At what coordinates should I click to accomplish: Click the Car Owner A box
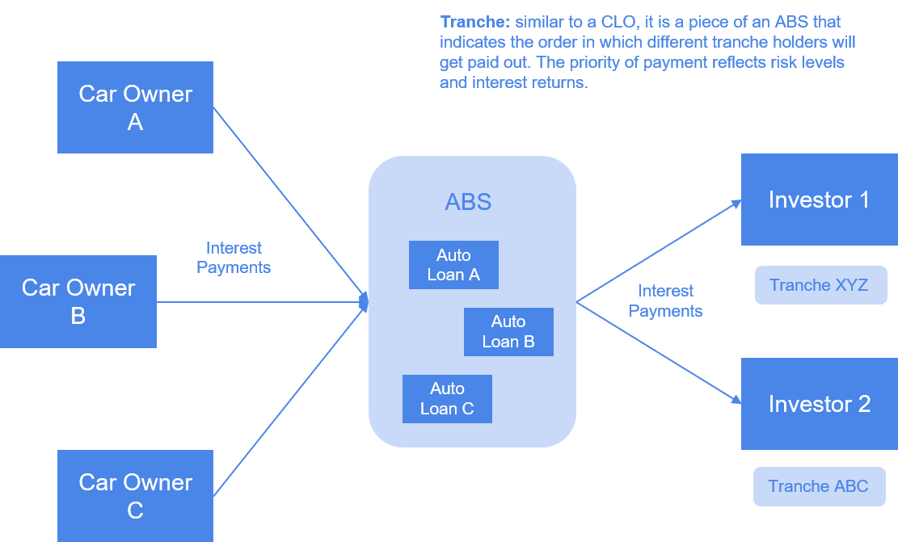pos(135,107)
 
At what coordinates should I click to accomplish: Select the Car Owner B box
pos(78,301)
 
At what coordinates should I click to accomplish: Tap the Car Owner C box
pos(135,496)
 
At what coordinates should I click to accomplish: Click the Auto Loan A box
pos(453,265)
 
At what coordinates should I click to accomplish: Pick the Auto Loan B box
pos(508,331)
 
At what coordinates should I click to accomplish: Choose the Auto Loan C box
pos(447,398)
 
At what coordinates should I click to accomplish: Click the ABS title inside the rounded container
pos(468,201)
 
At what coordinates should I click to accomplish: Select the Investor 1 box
pos(819,200)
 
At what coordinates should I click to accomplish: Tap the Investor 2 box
pos(819,404)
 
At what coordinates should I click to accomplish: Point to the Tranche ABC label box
pos(819,486)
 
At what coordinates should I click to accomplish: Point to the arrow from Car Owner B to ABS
pos(259,302)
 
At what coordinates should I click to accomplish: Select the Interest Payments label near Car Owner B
pos(234,258)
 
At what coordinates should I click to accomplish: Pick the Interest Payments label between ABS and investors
pos(665,300)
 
